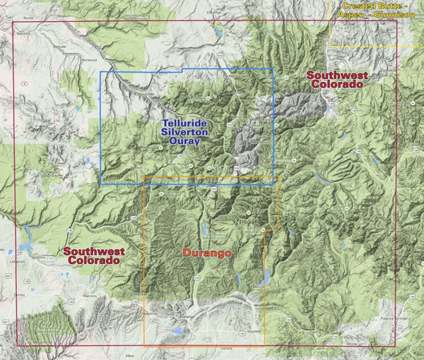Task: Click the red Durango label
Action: coord(208,252)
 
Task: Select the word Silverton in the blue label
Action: coord(181,131)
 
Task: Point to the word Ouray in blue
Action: coord(181,140)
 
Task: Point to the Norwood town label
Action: coord(89,59)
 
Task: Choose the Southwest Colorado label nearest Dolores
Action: coord(93,255)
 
